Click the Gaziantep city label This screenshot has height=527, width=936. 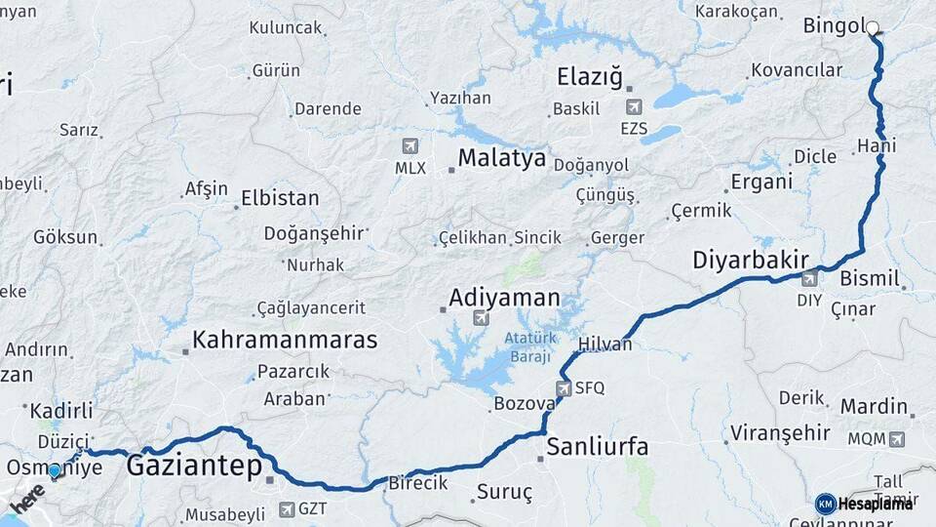click(x=194, y=465)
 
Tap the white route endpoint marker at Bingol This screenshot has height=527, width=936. click(x=872, y=28)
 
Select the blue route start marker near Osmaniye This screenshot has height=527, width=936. click(x=55, y=470)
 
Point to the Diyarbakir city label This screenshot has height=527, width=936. click(x=751, y=260)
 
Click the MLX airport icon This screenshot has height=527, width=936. click(x=410, y=146)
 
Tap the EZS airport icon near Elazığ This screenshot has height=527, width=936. click(x=635, y=107)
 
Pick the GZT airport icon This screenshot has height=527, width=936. click(x=286, y=508)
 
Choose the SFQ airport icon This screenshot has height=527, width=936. click(x=564, y=388)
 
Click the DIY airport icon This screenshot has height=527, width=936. click(x=809, y=280)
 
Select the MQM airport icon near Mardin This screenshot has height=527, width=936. click(x=895, y=439)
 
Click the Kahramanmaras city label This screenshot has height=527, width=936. click(x=285, y=340)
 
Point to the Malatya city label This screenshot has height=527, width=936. click(x=501, y=158)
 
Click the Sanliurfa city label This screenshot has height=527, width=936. click(x=597, y=447)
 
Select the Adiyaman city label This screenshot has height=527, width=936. click(x=504, y=297)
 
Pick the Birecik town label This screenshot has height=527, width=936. click(x=418, y=482)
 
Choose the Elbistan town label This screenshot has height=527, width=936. click(x=280, y=198)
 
